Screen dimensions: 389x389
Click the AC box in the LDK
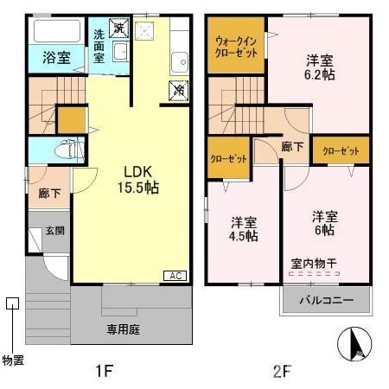[x=174, y=276]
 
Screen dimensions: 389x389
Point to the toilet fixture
[x=63, y=150]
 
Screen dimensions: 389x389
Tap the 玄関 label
[x=54, y=230]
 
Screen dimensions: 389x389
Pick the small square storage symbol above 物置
[x=11, y=303]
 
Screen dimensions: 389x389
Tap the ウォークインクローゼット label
[x=235, y=45]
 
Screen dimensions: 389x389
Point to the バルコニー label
[x=326, y=300]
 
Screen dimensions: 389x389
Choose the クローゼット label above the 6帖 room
[x=340, y=150]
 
